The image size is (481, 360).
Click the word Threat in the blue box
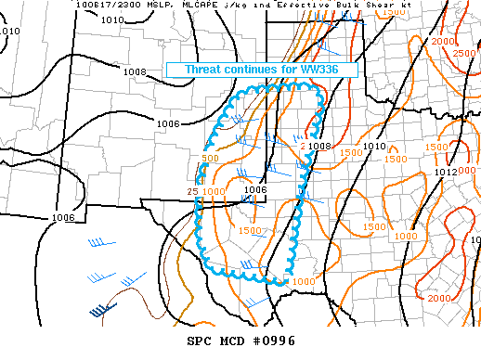point(205,70)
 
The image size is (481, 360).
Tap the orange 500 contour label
point(210,159)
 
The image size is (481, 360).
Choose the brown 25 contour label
point(192,192)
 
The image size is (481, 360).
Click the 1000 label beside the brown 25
point(214,192)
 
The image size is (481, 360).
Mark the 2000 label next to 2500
point(443,42)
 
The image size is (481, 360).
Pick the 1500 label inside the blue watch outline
point(250,230)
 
